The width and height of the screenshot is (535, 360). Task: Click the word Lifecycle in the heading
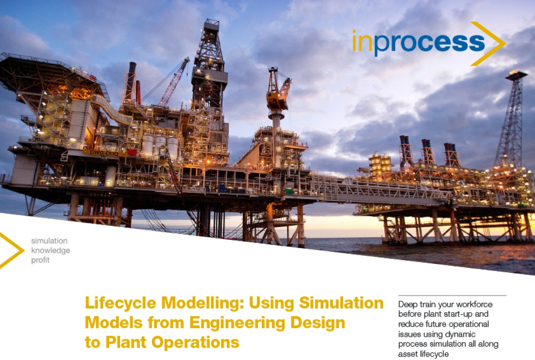pos(120,303)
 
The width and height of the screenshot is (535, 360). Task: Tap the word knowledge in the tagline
pos(50,250)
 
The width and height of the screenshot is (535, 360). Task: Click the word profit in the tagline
pos(40,260)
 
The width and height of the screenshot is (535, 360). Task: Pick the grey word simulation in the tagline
pos(49,241)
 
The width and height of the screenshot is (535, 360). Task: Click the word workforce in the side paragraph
pos(475,305)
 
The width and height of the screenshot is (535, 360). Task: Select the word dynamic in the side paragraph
pos(462,335)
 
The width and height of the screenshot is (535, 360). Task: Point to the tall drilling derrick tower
pos(209,66)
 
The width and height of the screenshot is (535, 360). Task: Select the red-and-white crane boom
pos(173,82)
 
